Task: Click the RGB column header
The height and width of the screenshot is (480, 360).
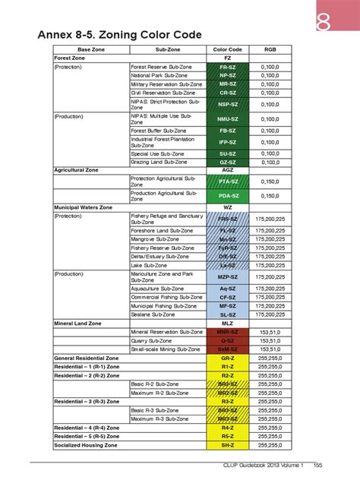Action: [x=270, y=49]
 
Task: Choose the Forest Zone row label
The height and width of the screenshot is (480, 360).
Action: [x=68, y=58]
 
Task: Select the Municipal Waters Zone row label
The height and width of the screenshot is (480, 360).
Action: [x=83, y=207]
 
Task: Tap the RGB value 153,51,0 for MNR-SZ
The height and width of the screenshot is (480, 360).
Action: [x=270, y=332]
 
